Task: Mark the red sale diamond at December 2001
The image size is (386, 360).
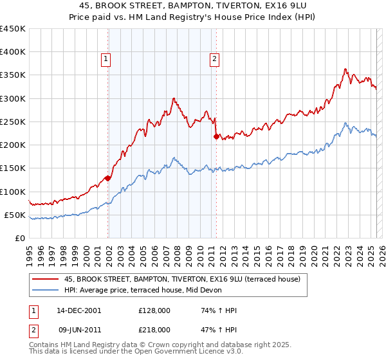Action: click(107, 178)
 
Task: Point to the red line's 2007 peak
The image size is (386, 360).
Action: click(174, 98)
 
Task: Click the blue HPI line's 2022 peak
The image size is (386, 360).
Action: click(345, 123)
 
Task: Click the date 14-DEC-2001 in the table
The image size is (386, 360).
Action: click(78, 310)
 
